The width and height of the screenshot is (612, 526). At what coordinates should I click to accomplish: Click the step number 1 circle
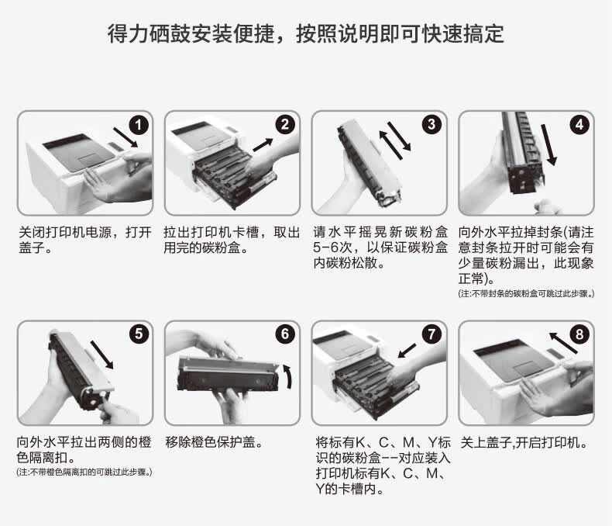coord(138,125)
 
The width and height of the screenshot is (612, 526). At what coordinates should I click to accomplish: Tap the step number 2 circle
coord(284,125)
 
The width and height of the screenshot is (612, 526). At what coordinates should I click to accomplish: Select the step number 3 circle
coord(431,125)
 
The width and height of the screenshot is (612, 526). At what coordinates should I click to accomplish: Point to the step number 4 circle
coord(579,125)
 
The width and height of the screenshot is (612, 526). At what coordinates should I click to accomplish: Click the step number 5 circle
coord(138,334)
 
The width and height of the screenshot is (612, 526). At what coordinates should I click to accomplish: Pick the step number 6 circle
coord(284,334)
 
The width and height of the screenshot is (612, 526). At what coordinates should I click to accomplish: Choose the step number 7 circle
coord(431,334)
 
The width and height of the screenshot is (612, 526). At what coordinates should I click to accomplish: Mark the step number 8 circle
coord(579,334)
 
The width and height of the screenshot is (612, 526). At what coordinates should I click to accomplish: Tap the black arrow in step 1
coord(125,135)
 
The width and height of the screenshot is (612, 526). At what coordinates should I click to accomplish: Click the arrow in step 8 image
coord(563,341)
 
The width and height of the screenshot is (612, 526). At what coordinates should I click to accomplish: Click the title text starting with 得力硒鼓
coord(306,34)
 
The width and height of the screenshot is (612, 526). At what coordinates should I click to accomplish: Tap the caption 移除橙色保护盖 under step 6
coord(214,444)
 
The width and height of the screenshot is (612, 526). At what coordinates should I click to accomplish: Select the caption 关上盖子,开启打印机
coord(524,444)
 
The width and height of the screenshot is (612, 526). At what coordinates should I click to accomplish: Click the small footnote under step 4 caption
coord(526,294)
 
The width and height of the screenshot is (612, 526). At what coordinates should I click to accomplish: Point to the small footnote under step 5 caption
coord(84,472)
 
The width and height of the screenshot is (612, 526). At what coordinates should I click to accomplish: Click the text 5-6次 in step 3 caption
coord(332,248)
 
